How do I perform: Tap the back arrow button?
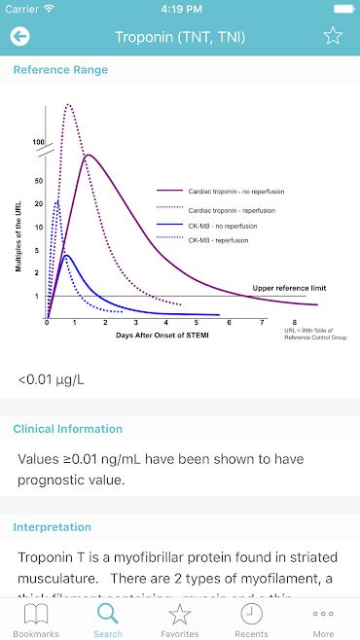(x=19, y=37)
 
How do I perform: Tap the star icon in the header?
(x=333, y=37)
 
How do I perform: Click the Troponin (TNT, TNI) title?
(x=180, y=37)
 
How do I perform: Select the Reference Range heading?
(x=60, y=70)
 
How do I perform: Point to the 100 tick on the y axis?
(x=39, y=143)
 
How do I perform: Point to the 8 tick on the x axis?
(x=295, y=322)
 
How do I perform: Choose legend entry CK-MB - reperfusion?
(x=219, y=240)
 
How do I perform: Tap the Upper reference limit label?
(x=289, y=288)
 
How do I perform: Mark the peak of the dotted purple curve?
(x=68, y=105)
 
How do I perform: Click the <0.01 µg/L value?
(x=51, y=378)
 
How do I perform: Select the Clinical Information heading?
(x=67, y=429)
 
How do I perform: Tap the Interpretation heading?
(x=52, y=527)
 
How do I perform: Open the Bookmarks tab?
(x=36, y=620)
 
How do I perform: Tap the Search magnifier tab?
(x=108, y=620)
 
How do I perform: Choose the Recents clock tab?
(x=251, y=620)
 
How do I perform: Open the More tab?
(x=323, y=620)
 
